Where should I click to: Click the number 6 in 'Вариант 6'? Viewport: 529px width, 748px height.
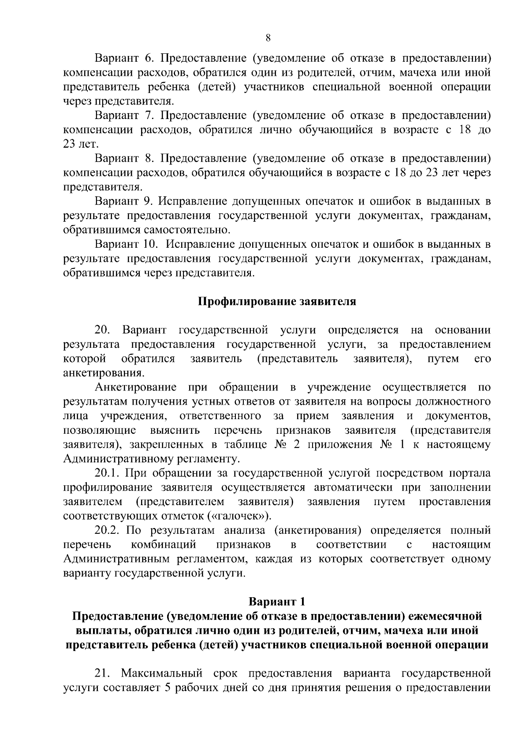pos(148,58)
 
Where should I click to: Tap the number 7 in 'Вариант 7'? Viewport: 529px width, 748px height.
pos(148,115)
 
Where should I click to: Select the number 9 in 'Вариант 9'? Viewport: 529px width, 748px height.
pos(148,201)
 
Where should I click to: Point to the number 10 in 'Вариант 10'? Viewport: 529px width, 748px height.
pos(151,244)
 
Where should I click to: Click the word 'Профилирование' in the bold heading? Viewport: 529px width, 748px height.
pos(247,302)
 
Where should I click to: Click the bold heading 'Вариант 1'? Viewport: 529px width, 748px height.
pos(277,602)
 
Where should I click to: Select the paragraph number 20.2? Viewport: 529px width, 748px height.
pos(108,530)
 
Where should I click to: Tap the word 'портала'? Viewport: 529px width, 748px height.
pos(469,473)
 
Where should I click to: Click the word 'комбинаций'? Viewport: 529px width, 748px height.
pos(164,545)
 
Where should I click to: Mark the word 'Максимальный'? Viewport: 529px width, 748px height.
pos(162,674)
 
